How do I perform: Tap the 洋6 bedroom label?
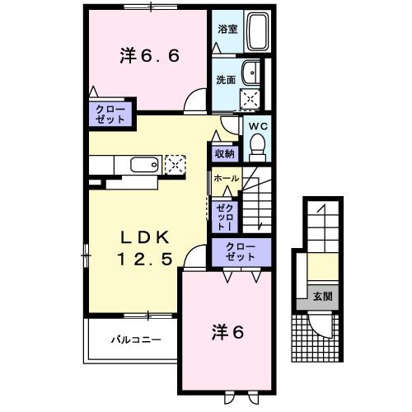[x=225, y=333]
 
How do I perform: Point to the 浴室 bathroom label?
[x=227, y=29]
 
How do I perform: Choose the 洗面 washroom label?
[x=227, y=80]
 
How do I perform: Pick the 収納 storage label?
[x=225, y=153]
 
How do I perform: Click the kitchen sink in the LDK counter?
[x=143, y=165]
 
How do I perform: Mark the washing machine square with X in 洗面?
[x=250, y=99]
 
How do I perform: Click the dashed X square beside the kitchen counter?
[x=176, y=164]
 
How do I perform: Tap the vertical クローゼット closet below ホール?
[x=224, y=218]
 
